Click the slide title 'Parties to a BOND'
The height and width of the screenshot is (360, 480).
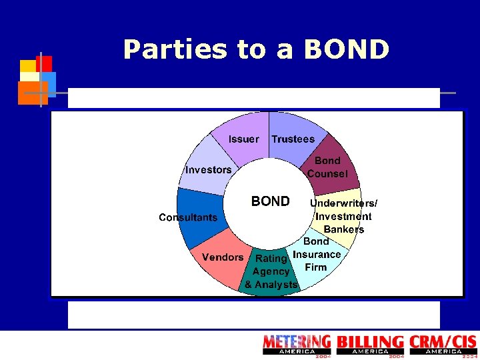[x=256, y=49]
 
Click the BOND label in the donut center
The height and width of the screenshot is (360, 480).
[x=270, y=201]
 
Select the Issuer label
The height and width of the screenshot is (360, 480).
[x=244, y=139]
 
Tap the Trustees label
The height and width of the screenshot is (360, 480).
[x=293, y=139]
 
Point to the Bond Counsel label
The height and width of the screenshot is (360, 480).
[x=327, y=167]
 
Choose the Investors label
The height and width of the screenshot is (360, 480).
[x=209, y=170]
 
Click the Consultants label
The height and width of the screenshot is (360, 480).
[x=188, y=217]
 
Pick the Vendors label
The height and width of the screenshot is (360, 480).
[x=223, y=257]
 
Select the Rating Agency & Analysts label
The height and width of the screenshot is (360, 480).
[x=271, y=271]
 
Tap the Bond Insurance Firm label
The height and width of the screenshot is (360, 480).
[x=317, y=254]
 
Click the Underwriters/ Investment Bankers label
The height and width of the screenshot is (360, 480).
[x=344, y=216]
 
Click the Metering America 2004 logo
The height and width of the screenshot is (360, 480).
[x=296, y=345]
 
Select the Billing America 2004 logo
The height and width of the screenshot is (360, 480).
[x=370, y=345]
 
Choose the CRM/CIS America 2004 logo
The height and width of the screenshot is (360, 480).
[x=443, y=345]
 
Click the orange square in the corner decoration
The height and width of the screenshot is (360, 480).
[x=30, y=92]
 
